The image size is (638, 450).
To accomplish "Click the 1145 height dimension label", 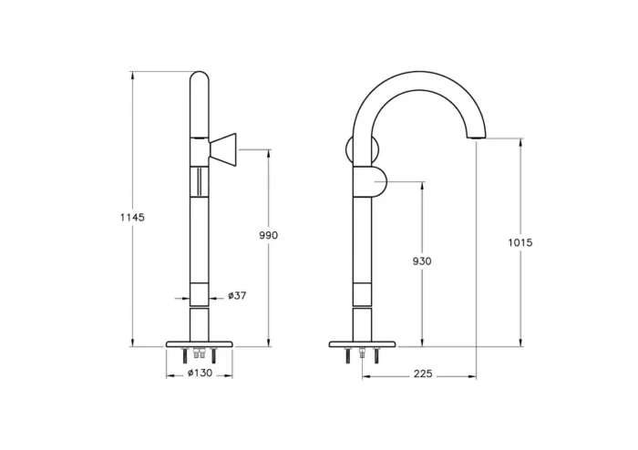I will [x=132, y=218].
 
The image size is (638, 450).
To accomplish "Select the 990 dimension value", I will [x=268, y=236].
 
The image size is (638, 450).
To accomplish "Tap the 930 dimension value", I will [x=422, y=261].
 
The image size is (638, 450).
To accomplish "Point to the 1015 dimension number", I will [x=520, y=242].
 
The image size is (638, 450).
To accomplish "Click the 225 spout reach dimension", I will [x=421, y=374].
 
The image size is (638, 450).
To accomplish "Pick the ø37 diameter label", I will [x=236, y=296].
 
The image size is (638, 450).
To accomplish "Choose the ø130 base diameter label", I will [x=200, y=373].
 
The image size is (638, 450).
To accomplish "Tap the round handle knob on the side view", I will [x=375, y=181].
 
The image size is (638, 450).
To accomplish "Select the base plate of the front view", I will [x=200, y=344].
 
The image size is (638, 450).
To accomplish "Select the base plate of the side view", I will [x=363, y=344].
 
